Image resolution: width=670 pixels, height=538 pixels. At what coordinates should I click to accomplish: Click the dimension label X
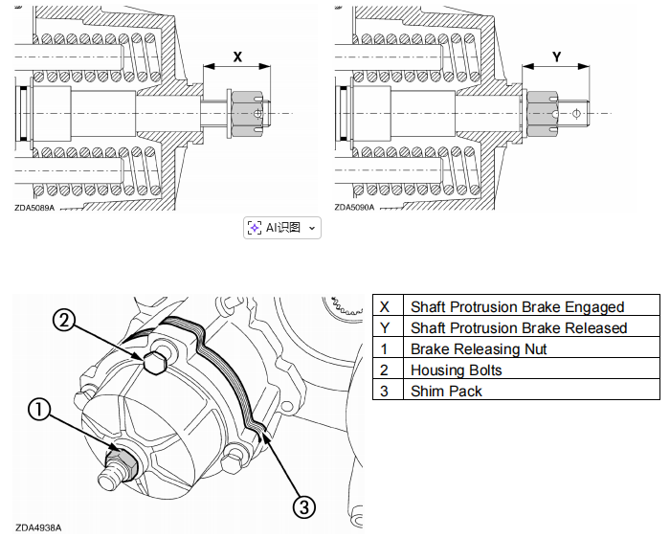point(237,56)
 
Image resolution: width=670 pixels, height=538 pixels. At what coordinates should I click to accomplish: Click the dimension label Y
point(556,56)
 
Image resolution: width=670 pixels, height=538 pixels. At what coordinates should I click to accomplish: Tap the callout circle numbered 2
point(63,320)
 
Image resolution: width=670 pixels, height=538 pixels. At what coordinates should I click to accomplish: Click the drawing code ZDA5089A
point(34,207)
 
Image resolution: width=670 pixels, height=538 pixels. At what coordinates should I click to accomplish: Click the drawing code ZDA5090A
point(355,207)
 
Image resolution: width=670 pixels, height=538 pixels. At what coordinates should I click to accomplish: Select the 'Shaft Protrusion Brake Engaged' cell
point(531,306)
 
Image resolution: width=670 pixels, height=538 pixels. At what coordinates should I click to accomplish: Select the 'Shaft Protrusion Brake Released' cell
point(531,327)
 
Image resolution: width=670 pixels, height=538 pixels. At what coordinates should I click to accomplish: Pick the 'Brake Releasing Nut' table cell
point(531,348)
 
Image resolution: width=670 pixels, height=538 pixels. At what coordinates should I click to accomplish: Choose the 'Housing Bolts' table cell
point(531,370)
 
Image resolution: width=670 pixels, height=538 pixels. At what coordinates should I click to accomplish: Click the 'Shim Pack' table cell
point(531,391)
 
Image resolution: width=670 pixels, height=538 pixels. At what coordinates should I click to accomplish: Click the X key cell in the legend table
point(388,306)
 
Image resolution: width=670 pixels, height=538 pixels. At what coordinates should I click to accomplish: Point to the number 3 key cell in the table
point(388,391)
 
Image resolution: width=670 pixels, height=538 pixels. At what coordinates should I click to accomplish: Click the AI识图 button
point(282,227)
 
